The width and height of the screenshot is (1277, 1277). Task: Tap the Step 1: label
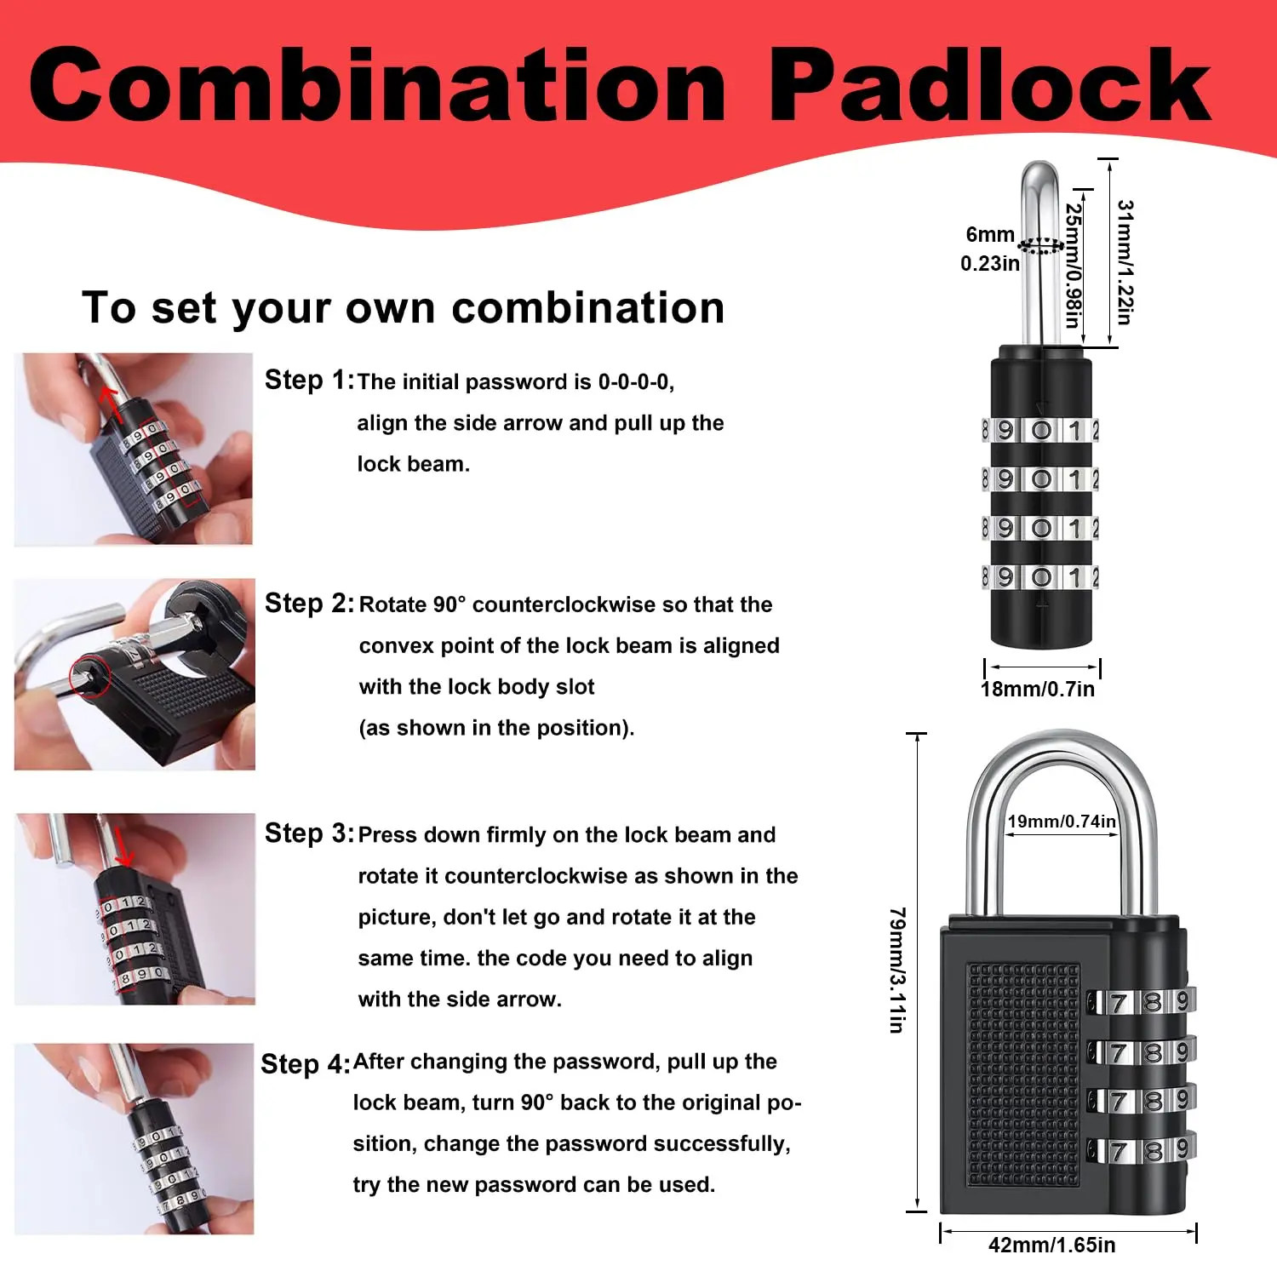click(x=309, y=380)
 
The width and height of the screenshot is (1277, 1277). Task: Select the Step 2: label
click(x=309, y=603)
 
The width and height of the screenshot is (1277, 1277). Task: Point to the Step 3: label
click(x=309, y=833)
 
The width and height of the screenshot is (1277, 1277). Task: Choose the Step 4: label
click(x=306, y=1063)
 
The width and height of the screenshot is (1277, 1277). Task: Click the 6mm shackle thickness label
click(x=990, y=235)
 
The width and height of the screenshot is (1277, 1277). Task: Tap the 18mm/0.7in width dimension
click(x=1038, y=689)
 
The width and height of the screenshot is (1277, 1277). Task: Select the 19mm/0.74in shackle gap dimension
click(x=1062, y=821)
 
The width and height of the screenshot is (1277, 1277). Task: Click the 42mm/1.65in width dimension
click(x=1052, y=1245)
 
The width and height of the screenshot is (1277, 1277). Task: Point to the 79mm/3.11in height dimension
click(x=897, y=971)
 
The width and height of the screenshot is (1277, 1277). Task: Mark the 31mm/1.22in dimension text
click(x=1125, y=262)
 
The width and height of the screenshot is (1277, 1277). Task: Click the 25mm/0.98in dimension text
click(x=1074, y=266)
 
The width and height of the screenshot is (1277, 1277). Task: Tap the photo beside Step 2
click(x=135, y=674)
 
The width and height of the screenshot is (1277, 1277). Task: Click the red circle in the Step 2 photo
click(x=89, y=677)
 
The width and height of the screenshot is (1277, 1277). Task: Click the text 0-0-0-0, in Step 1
click(x=636, y=381)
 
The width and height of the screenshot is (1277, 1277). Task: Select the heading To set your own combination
click(x=403, y=307)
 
